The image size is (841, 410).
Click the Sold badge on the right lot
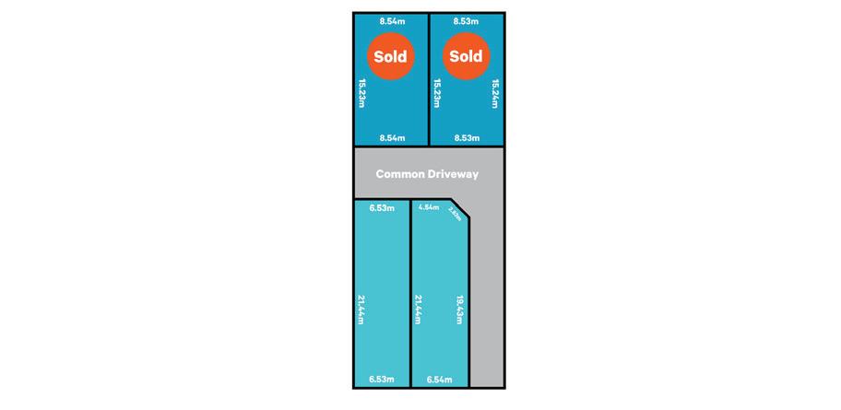pos(466,56)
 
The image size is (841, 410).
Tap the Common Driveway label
pos(427,173)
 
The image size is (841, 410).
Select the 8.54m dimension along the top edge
pos(392,19)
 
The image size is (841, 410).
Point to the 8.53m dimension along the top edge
pos(466,19)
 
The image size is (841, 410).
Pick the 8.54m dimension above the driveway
pos(392,137)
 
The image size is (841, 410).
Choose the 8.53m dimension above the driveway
pos(466,137)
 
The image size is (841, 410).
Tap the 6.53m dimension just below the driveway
pos(381,208)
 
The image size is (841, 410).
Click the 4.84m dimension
pos(428,208)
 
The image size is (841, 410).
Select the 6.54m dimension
pos(439,379)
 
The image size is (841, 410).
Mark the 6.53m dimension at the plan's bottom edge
pos(381,379)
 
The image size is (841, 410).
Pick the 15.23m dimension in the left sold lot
pos(361,93)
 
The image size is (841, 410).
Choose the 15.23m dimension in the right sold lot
pos(437,93)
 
